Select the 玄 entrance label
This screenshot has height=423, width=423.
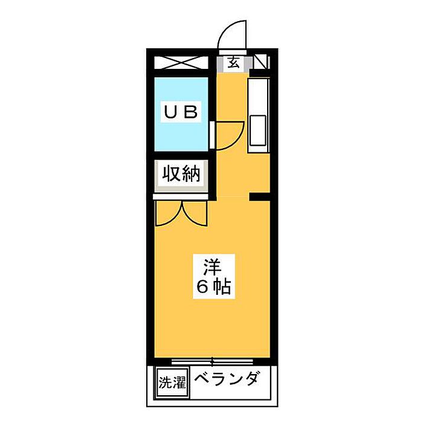(x=233, y=62)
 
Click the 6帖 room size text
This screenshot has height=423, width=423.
(x=213, y=287)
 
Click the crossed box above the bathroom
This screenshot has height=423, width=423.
(x=181, y=62)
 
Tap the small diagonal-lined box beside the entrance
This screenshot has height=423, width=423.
(x=262, y=62)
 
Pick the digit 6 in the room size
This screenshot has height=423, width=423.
(x=201, y=287)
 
